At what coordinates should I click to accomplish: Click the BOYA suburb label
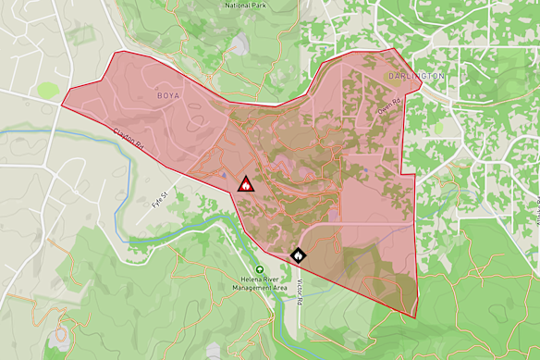pyautogui.click(x=169, y=95)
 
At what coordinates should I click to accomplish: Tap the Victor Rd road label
pyautogui.click(x=301, y=288)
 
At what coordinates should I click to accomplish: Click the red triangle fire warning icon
pyautogui.click(x=246, y=183)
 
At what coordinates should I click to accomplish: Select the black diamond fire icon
pyautogui.click(x=299, y=254)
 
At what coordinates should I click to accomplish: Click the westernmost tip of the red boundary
pyautogui.click(x=61, y=104)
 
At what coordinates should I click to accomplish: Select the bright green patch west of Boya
pyautogui.click(x=47, y=91)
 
